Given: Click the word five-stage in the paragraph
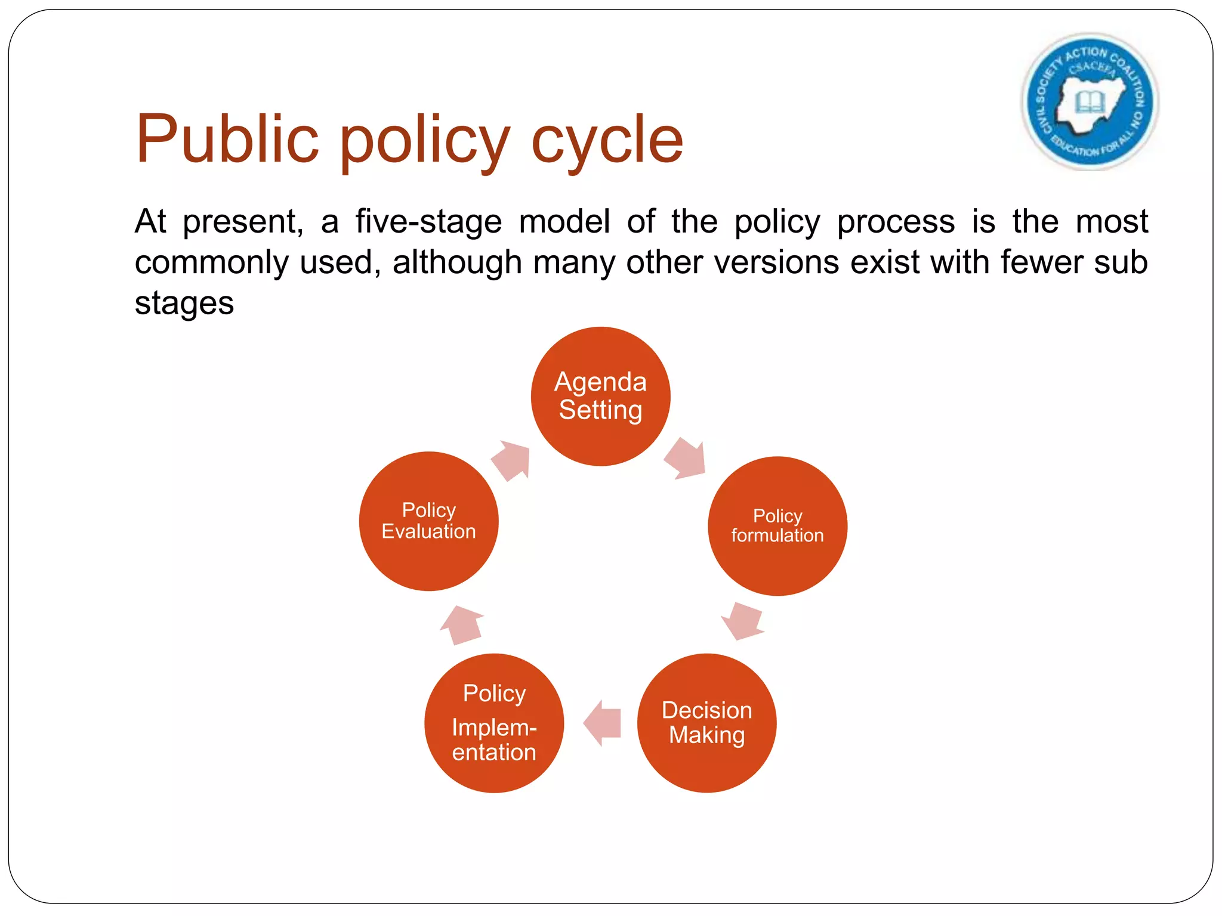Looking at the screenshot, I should coord(428,222).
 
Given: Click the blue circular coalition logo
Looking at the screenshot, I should coord(1090,101).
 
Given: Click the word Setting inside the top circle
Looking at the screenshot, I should coord(600,410).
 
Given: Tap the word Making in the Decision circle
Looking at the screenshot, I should coord(706,735).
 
